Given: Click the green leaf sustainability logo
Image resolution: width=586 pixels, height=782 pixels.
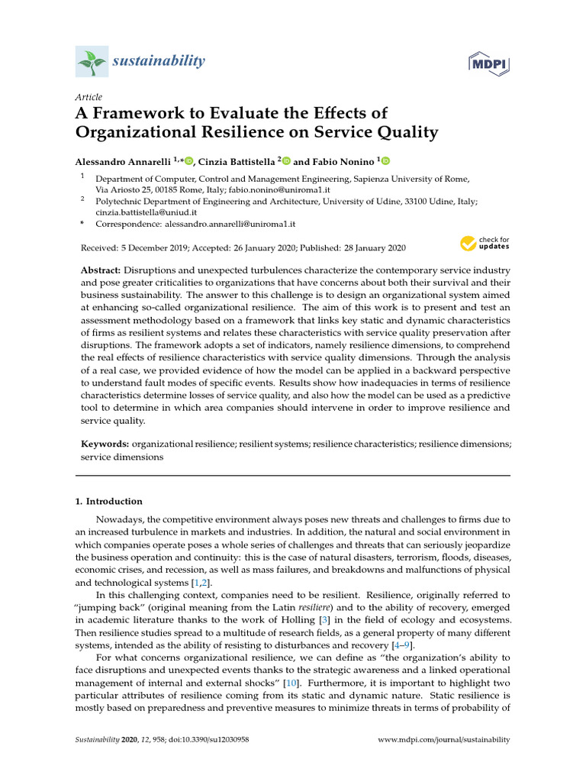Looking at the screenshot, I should tap(92, 61).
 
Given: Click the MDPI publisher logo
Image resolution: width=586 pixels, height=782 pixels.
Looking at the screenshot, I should tap(489, 63).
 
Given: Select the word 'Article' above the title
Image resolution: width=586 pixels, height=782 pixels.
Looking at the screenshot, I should tap(89, 97).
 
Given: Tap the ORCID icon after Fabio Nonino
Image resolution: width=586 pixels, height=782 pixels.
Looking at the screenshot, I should tap(385, 160).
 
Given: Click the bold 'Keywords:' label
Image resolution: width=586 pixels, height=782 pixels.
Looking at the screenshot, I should tap(105, 444).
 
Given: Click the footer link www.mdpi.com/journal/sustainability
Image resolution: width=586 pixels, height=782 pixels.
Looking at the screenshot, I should tap(444, 740).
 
